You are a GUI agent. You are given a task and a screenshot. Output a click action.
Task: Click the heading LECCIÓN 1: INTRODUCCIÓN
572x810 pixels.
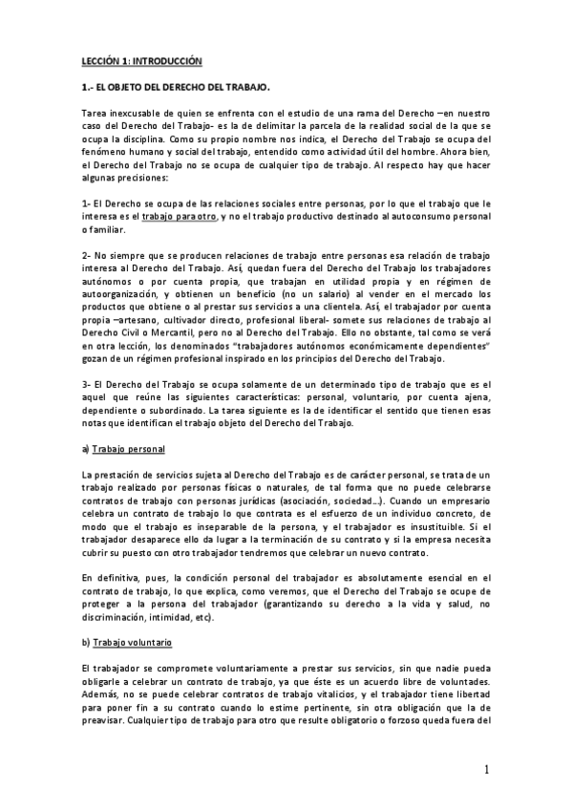tap(142, 60)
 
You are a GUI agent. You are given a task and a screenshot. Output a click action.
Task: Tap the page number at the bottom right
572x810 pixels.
tap(486, 770)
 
